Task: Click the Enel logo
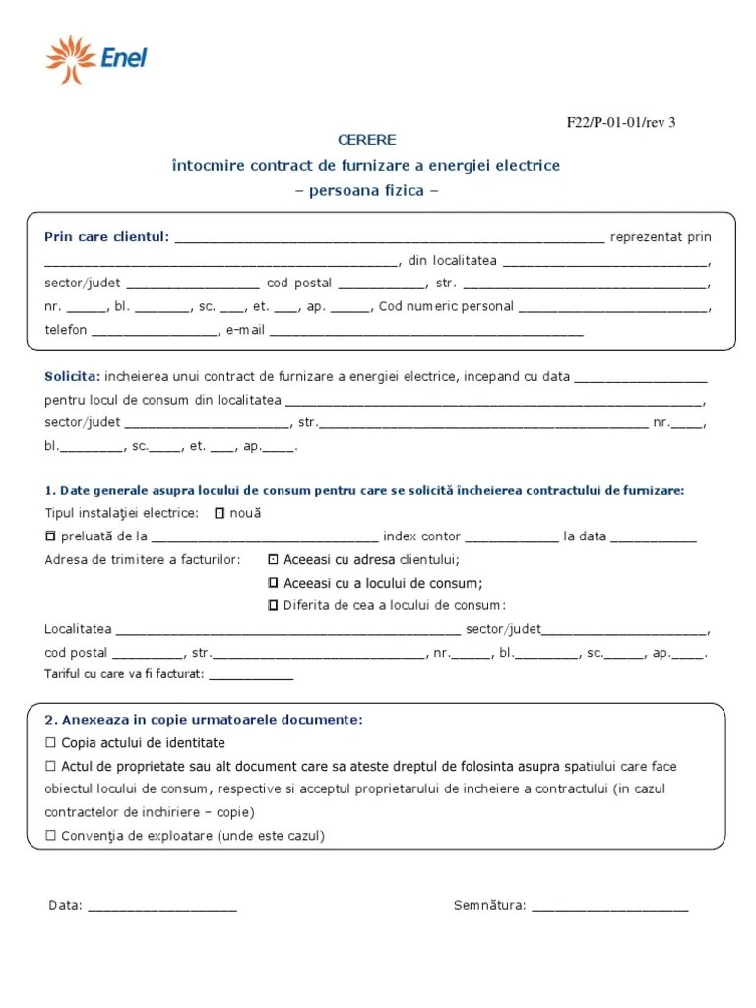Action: (95, 58)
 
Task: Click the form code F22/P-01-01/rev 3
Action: (620, 123)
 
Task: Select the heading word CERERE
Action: (366, 141)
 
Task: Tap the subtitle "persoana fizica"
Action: (366, 190)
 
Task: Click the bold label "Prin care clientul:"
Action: (107, 237)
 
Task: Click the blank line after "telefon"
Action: (155, 332)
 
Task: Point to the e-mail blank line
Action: (425, 332)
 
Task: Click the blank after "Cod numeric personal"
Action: (612, 308)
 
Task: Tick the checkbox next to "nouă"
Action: (220, 513)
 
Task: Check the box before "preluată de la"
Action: (51, 536)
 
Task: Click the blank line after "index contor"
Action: (510, 538)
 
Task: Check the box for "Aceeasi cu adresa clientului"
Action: (273, 559)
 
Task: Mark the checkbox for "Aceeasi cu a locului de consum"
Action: (273, 583)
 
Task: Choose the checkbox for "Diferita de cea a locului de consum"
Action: (273, 605)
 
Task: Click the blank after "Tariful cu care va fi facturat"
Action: (251, 676)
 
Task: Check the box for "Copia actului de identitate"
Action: (51, 743)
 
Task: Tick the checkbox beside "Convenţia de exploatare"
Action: (51, 836)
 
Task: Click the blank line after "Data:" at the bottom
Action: (162, 908)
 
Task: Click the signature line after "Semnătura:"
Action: (609, 908)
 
